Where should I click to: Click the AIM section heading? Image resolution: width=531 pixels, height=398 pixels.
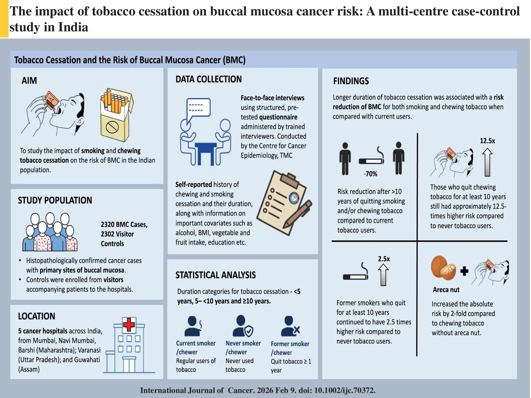tap(29, 81)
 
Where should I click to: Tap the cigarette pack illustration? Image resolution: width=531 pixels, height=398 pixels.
tap(117, 115)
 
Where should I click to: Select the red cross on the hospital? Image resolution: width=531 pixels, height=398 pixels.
tap(129, 325)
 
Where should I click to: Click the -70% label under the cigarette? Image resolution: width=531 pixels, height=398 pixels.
tap(370, 174)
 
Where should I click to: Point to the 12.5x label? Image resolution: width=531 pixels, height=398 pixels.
tap(487, 141)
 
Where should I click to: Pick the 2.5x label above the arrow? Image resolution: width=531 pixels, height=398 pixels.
tap(384, 259)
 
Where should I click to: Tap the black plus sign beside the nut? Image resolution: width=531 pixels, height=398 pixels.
tap(464, 271)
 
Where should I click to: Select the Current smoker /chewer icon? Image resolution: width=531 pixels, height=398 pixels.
tap(193, 326)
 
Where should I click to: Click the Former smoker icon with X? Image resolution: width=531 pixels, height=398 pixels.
tap(290, 326)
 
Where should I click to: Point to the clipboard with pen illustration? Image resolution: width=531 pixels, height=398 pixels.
tap(284, 203)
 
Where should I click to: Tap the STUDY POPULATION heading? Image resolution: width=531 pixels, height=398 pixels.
tap(55, 200)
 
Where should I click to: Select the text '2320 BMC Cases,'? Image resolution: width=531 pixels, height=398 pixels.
tap(124, 225)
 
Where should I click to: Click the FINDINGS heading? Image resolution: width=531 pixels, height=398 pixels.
tap(351, 81)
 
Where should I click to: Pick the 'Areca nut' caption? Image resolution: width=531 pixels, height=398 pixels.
tap(446, 290)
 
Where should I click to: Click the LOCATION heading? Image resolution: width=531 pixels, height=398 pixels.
tap(37, 316)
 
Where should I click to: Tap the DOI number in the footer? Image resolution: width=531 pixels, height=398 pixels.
tap(345, 390)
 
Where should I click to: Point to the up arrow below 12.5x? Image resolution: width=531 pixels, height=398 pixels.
tap(487, 162)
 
